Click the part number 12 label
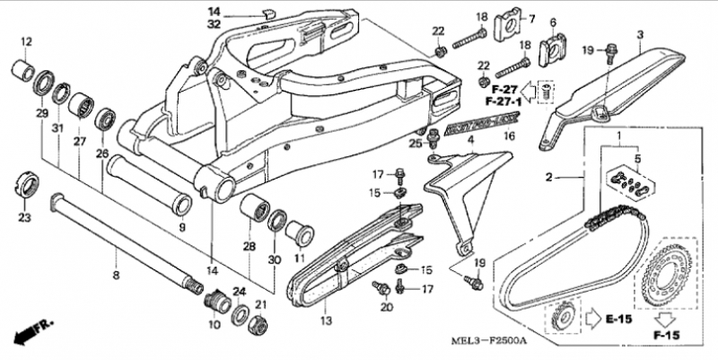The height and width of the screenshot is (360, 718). tap(25, 41)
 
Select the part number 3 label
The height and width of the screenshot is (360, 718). tap(640, 35)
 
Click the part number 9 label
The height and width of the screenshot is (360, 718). tap(181, 226)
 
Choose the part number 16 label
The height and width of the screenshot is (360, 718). tap(508, 137)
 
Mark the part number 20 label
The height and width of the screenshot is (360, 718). tap(387, 308)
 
